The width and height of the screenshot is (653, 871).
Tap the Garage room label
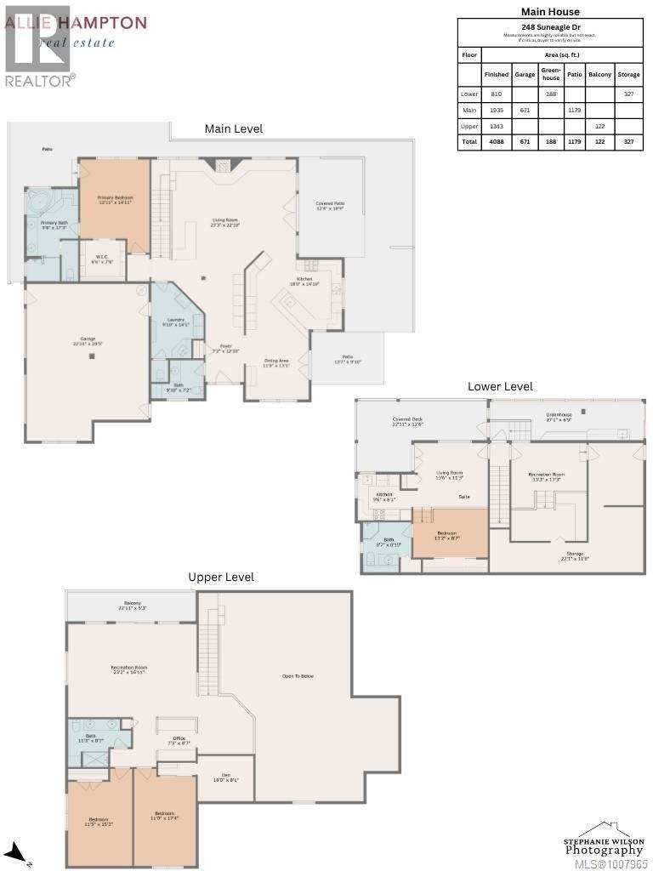click(x=88, y=341)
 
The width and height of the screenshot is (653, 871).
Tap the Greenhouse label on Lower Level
click(x=559, y=418)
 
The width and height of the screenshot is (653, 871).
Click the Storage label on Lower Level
click(x=576, y=556)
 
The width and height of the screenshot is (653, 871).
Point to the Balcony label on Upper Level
click(x=132, y=606)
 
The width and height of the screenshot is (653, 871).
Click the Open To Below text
click(x=298, y=676)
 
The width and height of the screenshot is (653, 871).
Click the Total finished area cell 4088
click(x=497, y=142)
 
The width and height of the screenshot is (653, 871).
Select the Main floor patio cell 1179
click(x=575, y=110)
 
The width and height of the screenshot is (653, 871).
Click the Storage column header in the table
click(x=628, y=74)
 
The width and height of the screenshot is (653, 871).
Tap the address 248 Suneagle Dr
click(x=550, y=27)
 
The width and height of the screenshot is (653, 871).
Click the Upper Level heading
click(x=221, y=577)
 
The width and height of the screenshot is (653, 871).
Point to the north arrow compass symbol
click(x=14, y=852)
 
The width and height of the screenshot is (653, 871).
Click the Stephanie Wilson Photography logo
click(x=604, y=842)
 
